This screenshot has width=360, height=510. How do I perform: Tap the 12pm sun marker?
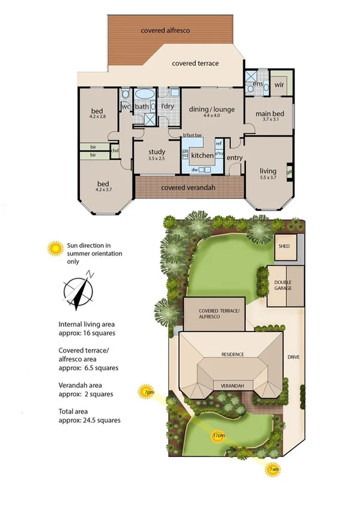(x=218, y=434)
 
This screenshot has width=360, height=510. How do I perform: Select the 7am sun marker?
(x=273, y=469)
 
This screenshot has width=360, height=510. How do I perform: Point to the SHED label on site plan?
(x=284, y=247)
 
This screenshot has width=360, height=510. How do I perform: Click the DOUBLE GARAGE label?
(x=283, y=286)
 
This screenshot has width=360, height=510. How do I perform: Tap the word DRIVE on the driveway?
(x=293, y=357)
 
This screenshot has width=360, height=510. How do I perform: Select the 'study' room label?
(x=156, y=152)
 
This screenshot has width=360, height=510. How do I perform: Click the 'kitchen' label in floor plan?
(x=202, y=155)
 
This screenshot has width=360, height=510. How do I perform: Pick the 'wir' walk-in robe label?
(x=279, y=85)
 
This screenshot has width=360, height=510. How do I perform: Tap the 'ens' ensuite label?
(x=258, y=84)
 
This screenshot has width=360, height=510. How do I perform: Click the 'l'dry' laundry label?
(x=166, y=106)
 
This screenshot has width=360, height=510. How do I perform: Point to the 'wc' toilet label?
(x=126, y=106)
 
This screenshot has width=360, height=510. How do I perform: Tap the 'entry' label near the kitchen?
(x=234, y=158)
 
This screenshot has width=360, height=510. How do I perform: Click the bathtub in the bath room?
(x=144, y=94)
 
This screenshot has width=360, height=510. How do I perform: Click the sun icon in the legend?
(x=55, y=248)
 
